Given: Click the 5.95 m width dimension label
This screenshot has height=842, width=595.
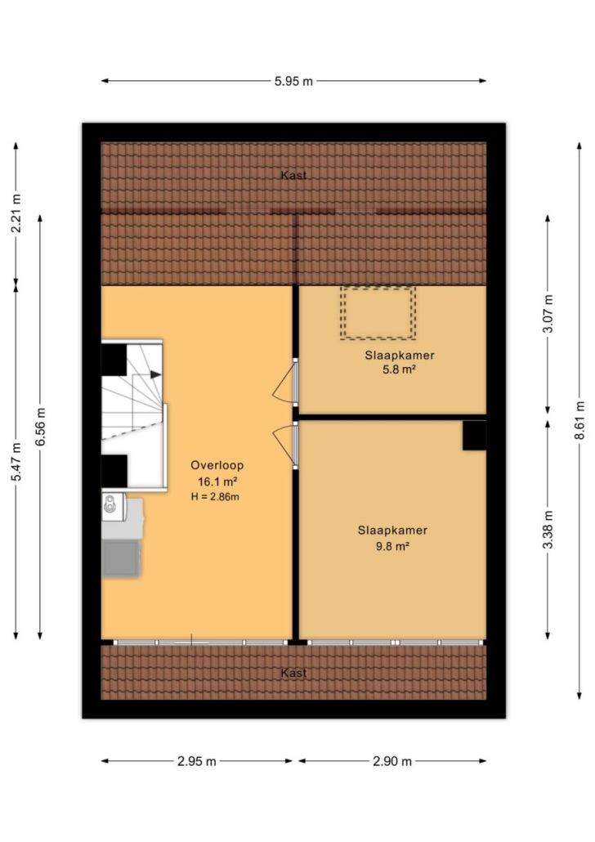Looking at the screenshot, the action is pos(293,81).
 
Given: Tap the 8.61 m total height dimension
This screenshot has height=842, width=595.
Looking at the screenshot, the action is pos(579,420).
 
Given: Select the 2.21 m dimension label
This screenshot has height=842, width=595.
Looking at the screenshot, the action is pos(16,213).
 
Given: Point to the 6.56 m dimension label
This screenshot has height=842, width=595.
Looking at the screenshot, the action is pos(40,427).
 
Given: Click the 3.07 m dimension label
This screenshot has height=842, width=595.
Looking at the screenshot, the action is pos(548,314).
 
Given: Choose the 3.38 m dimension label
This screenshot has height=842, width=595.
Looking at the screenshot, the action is pos(548,530).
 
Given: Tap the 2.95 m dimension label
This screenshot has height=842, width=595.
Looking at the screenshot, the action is pos(196,761).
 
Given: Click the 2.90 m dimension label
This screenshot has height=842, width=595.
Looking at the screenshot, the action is pos(392,761).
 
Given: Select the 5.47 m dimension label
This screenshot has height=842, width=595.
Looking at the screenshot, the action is pos(16,462).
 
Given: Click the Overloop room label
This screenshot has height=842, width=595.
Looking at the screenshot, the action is pos(217,466).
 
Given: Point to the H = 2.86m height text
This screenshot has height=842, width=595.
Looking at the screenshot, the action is pos(215,497).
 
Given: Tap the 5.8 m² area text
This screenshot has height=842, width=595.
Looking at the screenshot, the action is pos(400,369).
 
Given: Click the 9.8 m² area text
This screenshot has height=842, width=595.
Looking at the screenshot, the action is pos(392,546).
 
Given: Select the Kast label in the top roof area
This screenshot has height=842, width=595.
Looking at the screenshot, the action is pos(293,175).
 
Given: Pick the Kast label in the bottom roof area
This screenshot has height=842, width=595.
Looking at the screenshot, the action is pos(293,673).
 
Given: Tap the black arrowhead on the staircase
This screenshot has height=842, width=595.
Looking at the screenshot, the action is pos(156,374).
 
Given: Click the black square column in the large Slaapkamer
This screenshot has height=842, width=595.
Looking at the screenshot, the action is pos(474,435).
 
